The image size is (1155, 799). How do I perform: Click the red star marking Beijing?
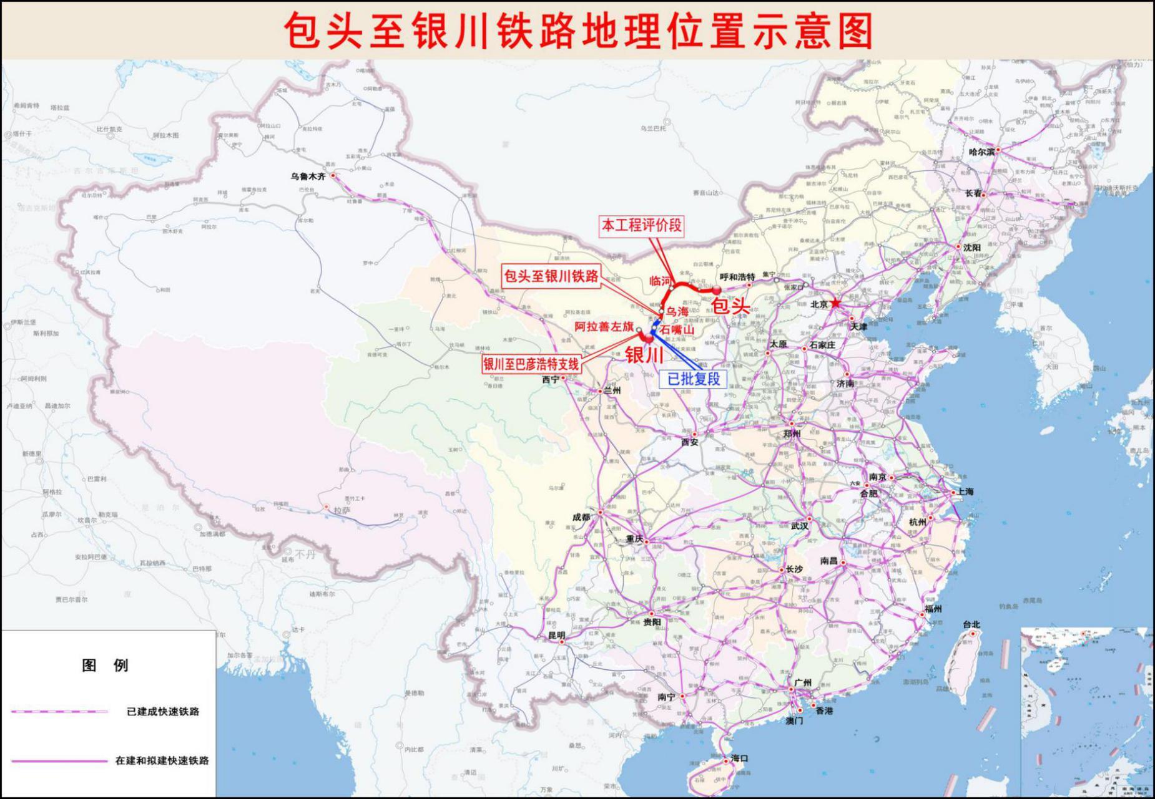(835, 303)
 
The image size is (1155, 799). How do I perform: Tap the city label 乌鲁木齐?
(308, 177)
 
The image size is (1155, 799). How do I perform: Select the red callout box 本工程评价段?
(641, 225)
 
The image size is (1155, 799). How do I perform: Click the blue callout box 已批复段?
(694, 379)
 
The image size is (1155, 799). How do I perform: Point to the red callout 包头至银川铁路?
(551, 276)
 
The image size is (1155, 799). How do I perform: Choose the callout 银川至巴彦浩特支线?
(531, 364)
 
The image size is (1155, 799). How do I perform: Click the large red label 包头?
(730, 306)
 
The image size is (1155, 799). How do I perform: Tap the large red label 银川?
(644, 355)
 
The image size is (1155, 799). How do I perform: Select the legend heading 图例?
(105, 666)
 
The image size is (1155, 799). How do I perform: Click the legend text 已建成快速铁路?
(162, 712)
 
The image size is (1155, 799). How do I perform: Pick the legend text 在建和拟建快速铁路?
(162, 761)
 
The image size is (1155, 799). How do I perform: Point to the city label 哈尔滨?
(981, 152)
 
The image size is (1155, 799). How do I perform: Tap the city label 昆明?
(556, 635)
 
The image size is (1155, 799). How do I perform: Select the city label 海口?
(739, 758)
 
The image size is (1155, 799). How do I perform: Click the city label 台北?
(971, 624)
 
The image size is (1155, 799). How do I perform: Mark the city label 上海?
(965, 492)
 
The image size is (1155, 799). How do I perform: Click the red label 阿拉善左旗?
(604, 326)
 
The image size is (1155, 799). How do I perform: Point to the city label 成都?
(581, 517)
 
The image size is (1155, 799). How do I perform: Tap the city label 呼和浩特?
(737, 277)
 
